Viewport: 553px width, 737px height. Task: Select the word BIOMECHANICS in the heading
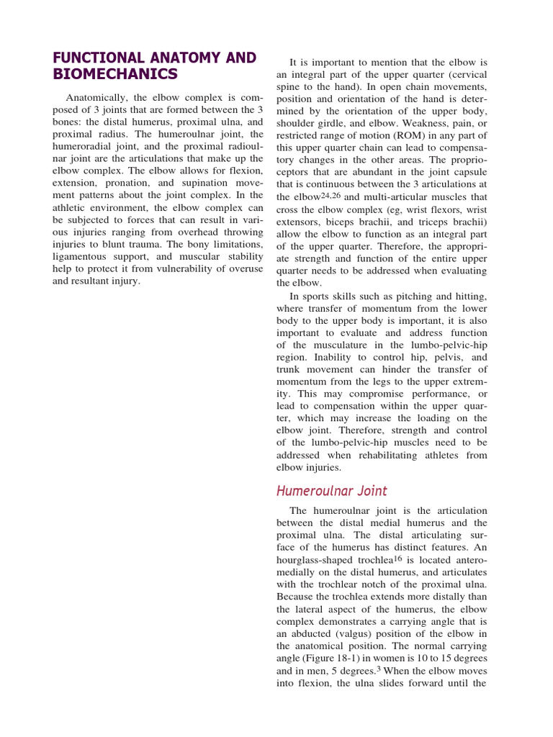(x=114, y=74)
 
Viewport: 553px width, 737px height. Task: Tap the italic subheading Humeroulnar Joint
(x=332, y=492)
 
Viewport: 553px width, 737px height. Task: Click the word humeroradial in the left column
(x=88, y=147)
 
